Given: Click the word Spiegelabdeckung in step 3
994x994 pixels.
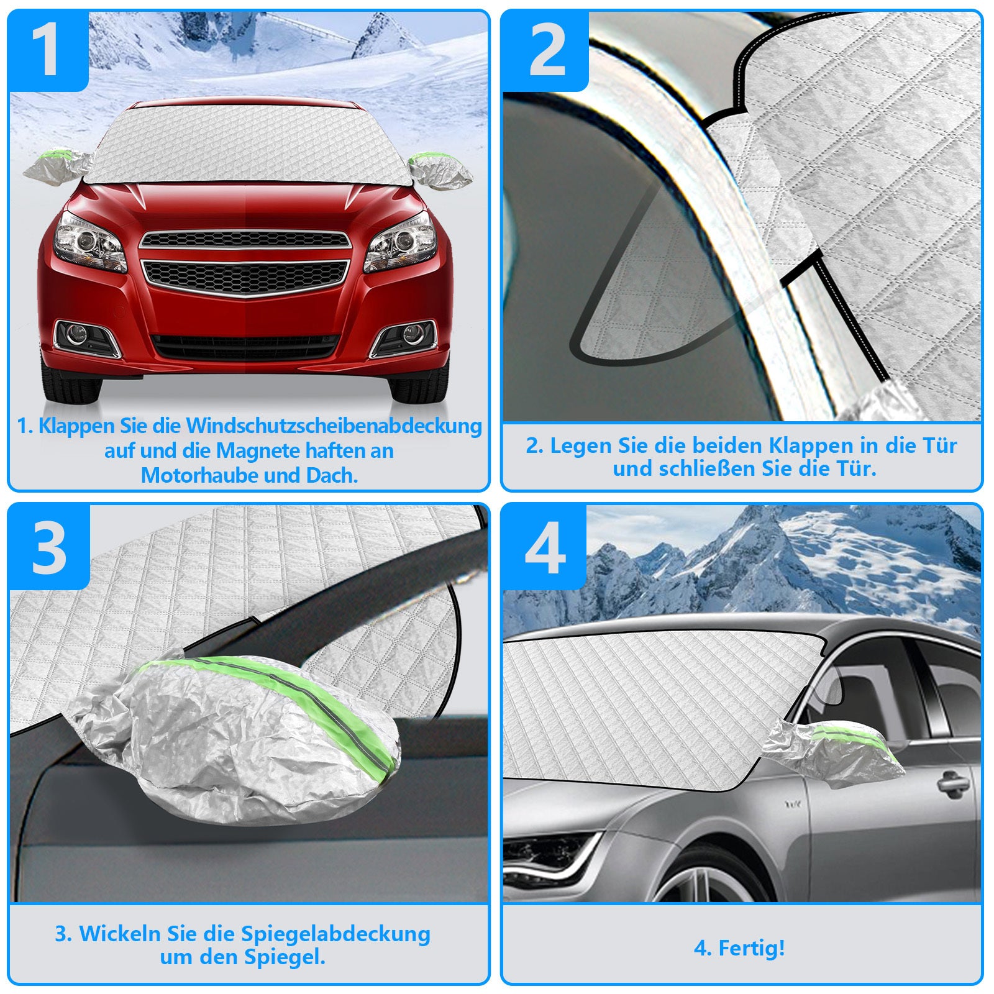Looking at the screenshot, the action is (335, 934).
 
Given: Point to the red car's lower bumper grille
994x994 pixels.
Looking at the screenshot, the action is (246, 347).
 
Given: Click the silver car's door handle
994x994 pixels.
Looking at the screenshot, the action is (954, 783).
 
